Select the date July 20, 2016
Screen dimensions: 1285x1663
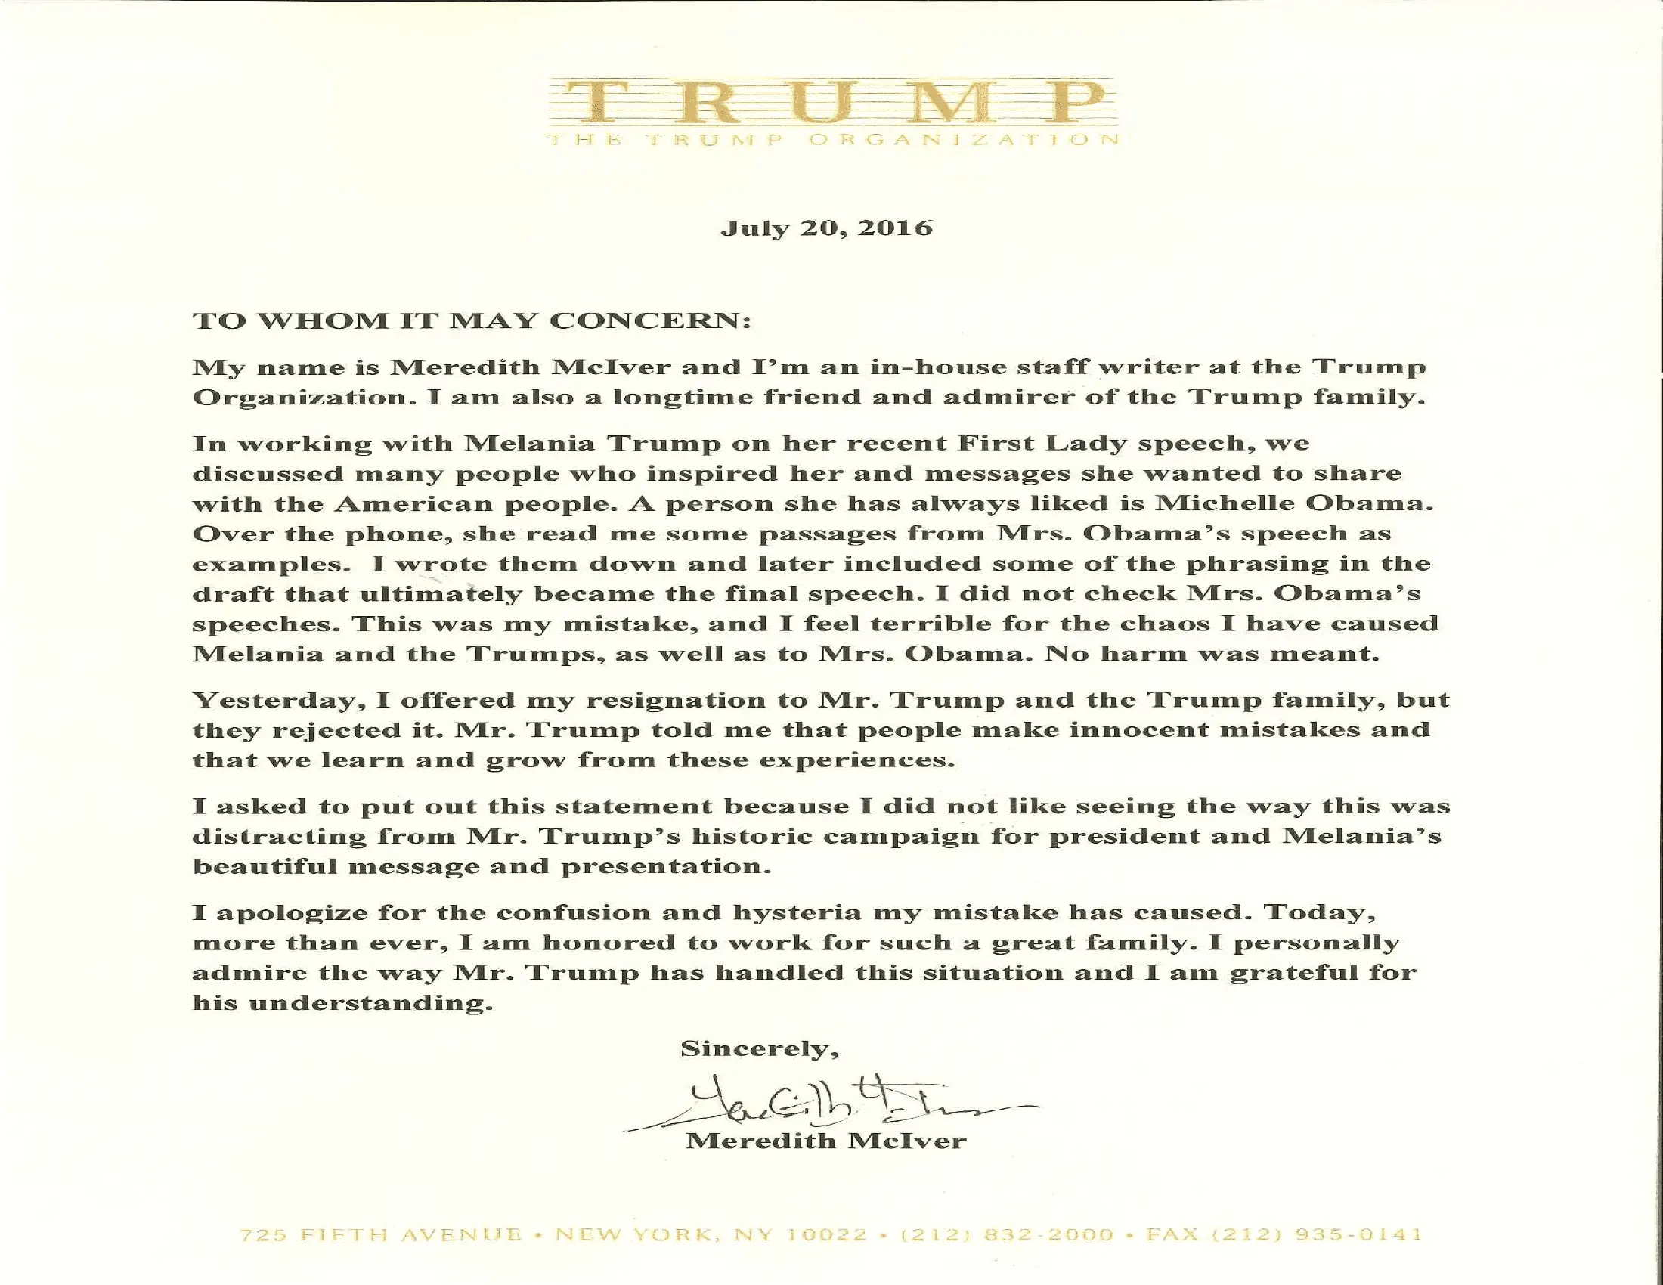827,228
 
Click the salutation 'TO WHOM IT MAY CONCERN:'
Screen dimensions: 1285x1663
472,320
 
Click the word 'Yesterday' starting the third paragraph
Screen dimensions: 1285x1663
269,701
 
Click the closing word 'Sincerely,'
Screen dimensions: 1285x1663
760,1049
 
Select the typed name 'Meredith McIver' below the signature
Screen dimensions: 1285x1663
827,1141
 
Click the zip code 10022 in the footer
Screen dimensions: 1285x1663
827,1235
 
